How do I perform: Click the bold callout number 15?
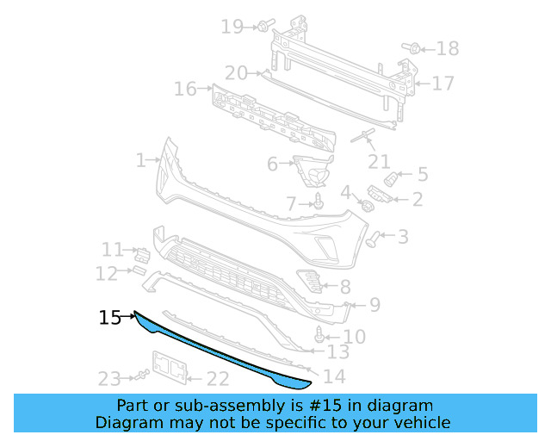coord(110,318)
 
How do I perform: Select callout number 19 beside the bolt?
coord(232,27)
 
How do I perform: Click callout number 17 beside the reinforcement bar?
coord(443,84)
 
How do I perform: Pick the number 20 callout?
coord(236,73)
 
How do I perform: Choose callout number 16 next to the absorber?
coord(186,89)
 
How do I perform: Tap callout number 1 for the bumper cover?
coord(141,160)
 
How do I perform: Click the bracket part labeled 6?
coord(313,171)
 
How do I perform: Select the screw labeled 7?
coord(319,202)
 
